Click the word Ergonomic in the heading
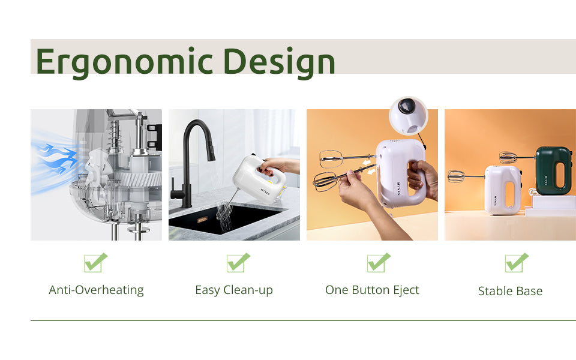124,62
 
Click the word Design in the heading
279,62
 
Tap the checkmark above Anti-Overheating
95,263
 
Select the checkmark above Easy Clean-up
238,263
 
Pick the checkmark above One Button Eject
379,263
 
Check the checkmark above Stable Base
517,263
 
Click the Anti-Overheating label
96,290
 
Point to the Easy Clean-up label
234,290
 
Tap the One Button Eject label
372,290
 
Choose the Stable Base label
510,291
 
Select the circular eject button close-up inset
409,116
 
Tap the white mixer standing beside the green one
502,190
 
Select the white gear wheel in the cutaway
142,180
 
